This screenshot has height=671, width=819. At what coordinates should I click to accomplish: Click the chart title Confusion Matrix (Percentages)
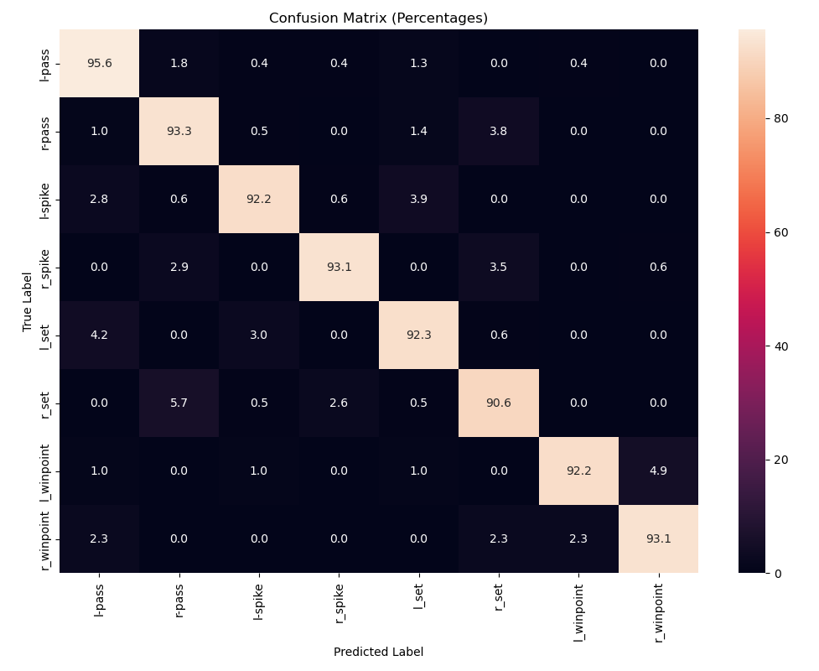point(378,18)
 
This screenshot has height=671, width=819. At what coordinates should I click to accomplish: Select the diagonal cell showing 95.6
point(99,63)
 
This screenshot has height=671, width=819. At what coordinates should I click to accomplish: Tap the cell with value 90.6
point(499,403)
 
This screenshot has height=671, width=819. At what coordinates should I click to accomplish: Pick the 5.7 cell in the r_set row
point(179,403)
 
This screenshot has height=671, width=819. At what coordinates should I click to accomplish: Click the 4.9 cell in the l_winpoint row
point(659,471)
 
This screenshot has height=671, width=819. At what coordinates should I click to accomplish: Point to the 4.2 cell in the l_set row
point(99,335)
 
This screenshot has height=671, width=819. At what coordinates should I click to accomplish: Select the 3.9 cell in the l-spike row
point(419,199)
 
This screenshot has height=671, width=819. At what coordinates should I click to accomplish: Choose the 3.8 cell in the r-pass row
point(499,131)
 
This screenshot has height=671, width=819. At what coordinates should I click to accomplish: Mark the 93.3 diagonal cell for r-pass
point(179,131)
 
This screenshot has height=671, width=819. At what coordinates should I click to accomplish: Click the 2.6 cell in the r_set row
point(339,403)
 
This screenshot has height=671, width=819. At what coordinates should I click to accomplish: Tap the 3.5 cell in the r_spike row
point(499,267)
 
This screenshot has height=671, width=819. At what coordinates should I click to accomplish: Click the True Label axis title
point(28,301)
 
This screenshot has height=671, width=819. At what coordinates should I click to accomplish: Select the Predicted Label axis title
point(378,652)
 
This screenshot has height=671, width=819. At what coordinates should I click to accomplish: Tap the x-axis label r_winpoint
point(659,611)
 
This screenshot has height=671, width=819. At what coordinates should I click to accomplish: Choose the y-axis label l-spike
point(44,199)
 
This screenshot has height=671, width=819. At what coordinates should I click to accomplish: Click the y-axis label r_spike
point(44,267)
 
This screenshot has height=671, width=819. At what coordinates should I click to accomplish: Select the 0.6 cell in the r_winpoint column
point(659,267)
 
